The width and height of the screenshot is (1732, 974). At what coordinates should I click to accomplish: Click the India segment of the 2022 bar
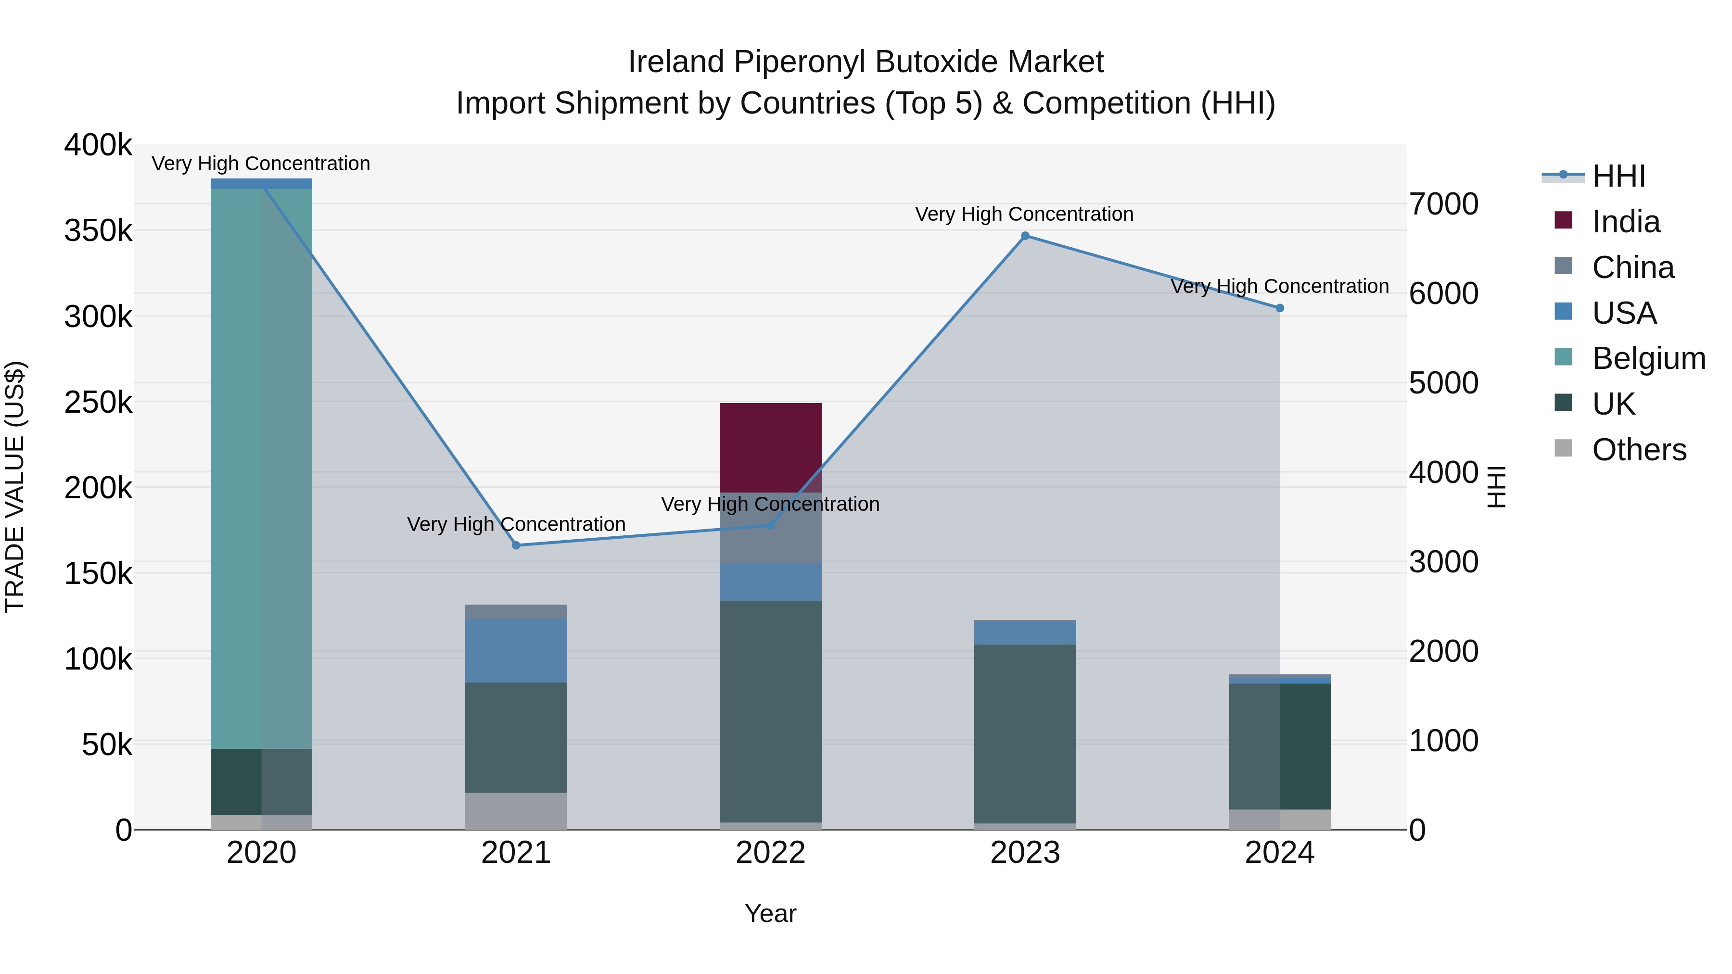point(771,448)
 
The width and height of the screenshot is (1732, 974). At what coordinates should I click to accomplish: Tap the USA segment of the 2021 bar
point(516,651)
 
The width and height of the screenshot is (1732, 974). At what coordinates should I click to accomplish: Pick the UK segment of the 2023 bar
point(1025,734)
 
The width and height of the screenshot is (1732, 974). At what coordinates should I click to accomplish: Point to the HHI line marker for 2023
point(1025,236)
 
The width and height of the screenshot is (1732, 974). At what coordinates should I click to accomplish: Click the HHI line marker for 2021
point(516,545)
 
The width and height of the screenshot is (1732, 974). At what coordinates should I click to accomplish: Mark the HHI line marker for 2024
point(1279,308)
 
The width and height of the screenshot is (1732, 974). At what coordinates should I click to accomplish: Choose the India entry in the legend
point(1625,222)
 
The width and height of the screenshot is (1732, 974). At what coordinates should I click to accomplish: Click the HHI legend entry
point(1618,176)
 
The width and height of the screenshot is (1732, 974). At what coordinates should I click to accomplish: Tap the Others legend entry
point(1639,450)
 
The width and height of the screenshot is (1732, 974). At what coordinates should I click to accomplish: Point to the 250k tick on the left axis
point(98,402)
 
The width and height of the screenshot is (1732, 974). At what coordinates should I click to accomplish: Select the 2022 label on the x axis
point(771,853)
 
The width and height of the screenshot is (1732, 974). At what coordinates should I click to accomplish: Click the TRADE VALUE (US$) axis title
point(15,487)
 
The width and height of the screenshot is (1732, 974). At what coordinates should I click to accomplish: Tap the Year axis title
point(771,913)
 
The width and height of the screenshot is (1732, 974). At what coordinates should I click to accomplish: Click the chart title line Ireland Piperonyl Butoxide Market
point(866,62)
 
